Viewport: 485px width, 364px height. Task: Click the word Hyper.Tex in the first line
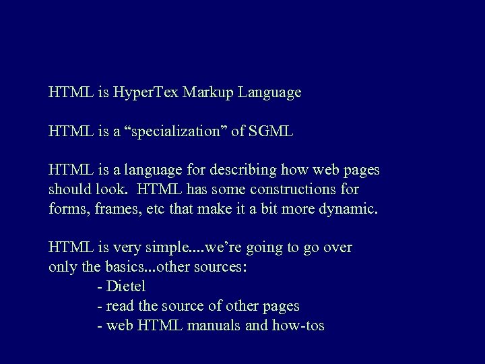[141, 92]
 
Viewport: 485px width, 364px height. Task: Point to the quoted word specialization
[172, 131]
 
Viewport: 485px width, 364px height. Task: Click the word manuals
[234, 326]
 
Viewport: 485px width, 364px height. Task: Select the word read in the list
[121, 306]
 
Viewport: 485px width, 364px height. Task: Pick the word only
[63, 267]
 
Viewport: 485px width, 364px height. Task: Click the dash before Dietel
[100, 286]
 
